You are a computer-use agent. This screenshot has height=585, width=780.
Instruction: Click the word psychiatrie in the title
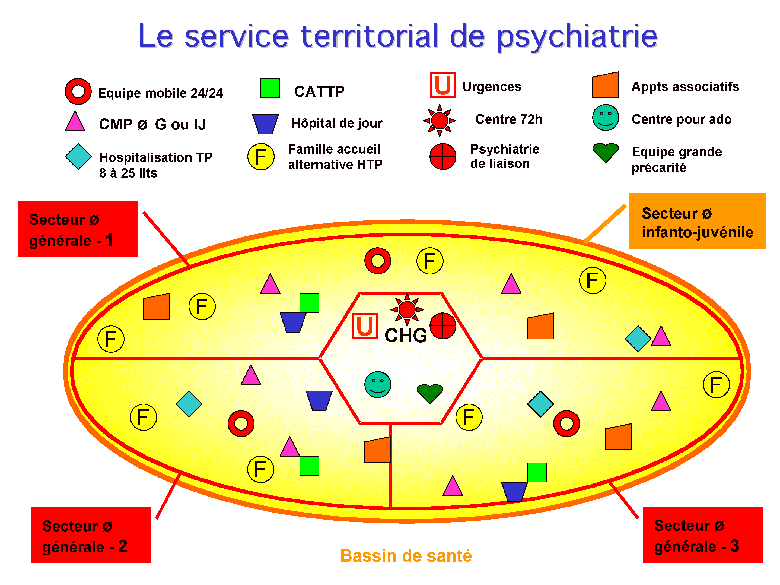click(577, 36)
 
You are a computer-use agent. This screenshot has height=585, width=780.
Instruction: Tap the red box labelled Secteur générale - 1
click(78, 229)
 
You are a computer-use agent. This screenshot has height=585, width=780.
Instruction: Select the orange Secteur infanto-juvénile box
click(697, 221)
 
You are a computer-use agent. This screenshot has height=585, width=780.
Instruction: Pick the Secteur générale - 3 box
click(703, 535)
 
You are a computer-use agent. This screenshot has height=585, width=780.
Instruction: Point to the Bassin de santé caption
click(406, 556)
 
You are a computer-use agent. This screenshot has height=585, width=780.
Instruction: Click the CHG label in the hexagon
click(406, 336)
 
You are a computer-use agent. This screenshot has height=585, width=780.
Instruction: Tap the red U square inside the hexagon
click(365, 326)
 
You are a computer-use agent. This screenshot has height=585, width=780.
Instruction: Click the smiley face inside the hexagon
click(378, 384)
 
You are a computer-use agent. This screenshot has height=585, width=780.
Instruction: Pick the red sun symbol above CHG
click(407, 309)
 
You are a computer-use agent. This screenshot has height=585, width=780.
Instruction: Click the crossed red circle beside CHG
click(443, 326)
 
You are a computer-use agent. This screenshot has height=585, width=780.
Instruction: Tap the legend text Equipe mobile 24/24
click(160, 93)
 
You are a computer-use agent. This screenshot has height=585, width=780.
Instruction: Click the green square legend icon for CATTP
click(270, 88)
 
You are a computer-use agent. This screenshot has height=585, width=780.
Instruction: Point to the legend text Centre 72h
click(508, 119)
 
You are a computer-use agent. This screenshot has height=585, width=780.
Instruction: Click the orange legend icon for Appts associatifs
click(606, 86)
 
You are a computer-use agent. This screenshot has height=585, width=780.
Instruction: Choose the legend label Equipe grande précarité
click(676, 159)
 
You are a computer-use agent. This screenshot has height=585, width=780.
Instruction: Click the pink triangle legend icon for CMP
click(75, 122)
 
